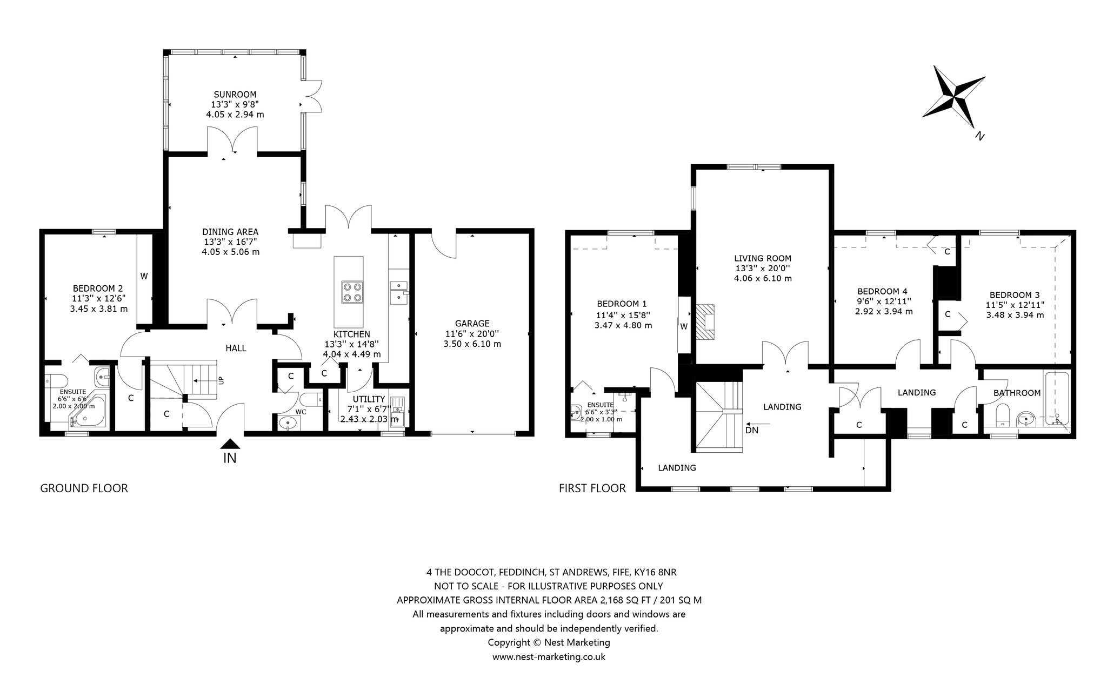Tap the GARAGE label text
(x=472, y=324)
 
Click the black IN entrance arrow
(x=230, y=444)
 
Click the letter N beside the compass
(x=979, y=136)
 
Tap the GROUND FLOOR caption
(x=84, y=488)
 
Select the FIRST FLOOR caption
(x=592, y=488)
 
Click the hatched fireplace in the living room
(x=705, y=321)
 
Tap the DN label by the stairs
(x=752, y=430)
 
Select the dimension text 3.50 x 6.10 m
(x=472, y=344)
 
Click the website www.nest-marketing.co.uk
(x=549, y=657)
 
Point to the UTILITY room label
(x=369, y=399)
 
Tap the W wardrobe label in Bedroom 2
(x=144, y=276)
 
